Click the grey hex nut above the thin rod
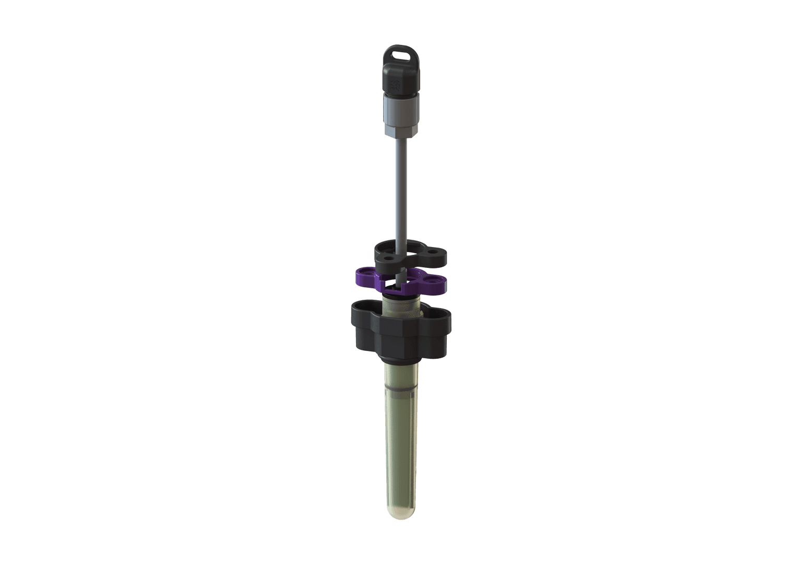(399, 126)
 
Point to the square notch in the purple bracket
(393, 283)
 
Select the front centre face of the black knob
(399, 339)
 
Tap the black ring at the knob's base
(400, 360)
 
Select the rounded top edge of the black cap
(399, 65)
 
